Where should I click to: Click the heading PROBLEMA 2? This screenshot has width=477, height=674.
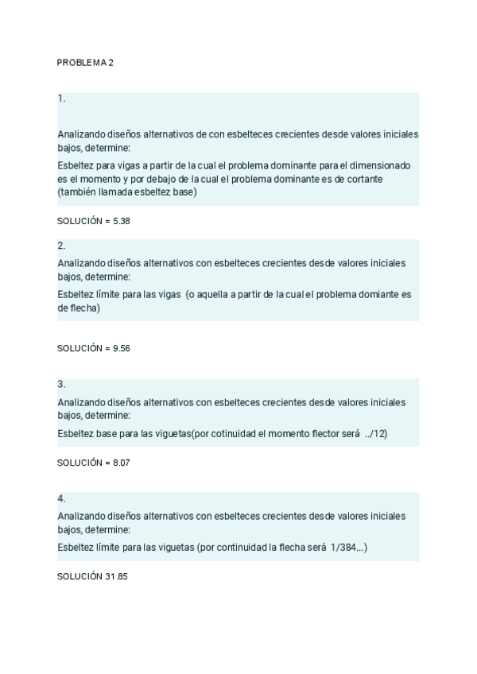[x=85, y=62]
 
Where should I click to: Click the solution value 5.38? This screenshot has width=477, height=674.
[x=121, y=221]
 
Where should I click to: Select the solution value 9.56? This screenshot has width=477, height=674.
[x=121, y=348]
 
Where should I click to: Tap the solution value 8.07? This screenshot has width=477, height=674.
[x=121, y=463]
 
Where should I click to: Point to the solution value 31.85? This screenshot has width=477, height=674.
[x=116, y=576]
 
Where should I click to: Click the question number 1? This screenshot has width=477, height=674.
[x=61, y=99]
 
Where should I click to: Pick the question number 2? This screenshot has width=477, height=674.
[x=61, y=246]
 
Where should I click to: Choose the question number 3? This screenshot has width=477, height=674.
[x=61, y=384]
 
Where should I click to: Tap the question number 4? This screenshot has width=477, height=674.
[x=61, y=498]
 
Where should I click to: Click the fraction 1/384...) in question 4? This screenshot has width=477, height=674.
[x=343, y=548]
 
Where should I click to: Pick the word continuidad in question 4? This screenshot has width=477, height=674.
[x=242, y=548]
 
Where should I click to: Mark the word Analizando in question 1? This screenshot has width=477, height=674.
[x=81, y=134]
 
